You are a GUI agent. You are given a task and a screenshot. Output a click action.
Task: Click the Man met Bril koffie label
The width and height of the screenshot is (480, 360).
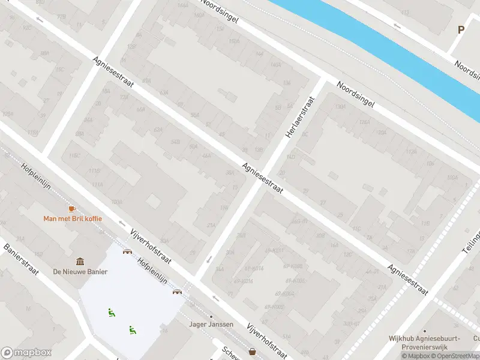73,218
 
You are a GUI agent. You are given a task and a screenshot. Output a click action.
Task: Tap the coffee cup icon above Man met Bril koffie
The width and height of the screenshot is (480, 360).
73,208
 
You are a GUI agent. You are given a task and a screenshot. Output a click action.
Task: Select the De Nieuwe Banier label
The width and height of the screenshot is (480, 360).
80,272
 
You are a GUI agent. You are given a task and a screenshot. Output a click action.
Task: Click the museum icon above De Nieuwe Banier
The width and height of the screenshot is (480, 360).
80,262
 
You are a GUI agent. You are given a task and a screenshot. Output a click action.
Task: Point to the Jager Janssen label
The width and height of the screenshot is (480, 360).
211,325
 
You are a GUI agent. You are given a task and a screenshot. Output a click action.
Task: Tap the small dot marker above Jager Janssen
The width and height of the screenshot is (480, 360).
211,316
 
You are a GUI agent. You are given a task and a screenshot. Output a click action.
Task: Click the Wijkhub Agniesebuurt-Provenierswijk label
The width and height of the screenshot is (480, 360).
424,343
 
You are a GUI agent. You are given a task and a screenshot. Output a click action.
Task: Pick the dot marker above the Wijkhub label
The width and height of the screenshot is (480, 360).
424,331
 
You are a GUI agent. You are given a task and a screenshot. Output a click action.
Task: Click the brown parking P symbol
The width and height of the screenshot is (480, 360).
461,29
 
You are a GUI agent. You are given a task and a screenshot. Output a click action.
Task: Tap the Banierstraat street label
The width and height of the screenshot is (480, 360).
21,259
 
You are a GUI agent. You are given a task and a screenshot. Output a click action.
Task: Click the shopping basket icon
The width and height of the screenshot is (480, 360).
253,352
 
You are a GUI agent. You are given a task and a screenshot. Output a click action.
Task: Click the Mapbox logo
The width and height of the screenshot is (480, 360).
26,353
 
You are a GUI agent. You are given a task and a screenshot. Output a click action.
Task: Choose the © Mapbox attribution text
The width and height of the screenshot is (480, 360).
418,356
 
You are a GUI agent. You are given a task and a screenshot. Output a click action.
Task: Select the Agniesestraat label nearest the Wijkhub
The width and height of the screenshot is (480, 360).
407,280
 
